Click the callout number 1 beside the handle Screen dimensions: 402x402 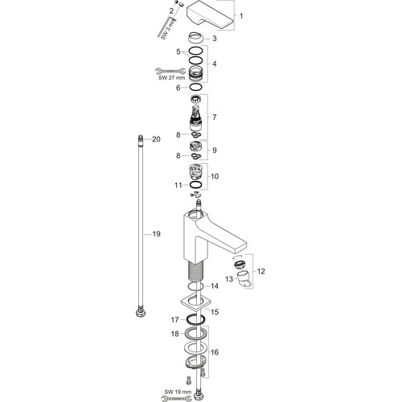[241, 16]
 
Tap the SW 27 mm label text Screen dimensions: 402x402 [171, 78]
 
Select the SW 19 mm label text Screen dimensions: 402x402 [178, 392]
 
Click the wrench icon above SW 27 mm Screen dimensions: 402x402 [170, 71]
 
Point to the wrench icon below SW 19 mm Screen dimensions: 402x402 [177, 399]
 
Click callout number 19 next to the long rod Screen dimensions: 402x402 [156, 234]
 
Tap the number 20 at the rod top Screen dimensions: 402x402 [156, 139]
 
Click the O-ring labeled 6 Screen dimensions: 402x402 [195, 87]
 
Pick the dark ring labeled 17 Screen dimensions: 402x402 [196, 320]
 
